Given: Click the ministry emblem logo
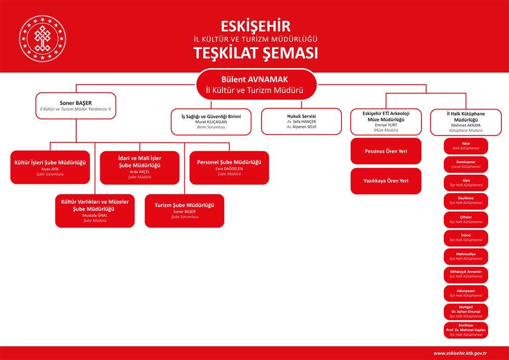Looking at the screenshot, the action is pyautogui.click(x=42, y=39).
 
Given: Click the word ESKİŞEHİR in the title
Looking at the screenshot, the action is pyautogui.click(x=256, y=26).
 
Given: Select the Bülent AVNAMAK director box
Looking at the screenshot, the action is pyautogui.click(x=256, y=85).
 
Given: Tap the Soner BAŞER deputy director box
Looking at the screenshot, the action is pyautogui.click(x=76, y=106).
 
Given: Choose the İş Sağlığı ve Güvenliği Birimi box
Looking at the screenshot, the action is pyautogui.click(x=211, y=121).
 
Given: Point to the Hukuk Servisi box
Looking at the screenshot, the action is pyautogui.click(x=301, y=121).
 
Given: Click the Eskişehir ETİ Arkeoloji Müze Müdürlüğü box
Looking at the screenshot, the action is pyautogui.click(x=386, y=122).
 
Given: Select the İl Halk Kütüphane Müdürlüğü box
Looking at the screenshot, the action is pyautogui.click(x=466, y=122).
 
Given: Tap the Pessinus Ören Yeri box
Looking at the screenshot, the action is pyautogui.click(x=386, y=151).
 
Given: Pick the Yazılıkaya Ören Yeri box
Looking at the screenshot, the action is pyautogui.click(x=386, y=181).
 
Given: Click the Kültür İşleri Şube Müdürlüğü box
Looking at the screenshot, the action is pyautogui.click(x=50, y=167).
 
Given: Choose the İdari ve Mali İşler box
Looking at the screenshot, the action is pyautogui.click(x=139, y=168).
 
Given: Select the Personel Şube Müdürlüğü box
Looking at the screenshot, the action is pyautogui.click(x=229, y=168).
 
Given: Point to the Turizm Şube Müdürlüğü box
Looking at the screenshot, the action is pyautogui.click(x=184, y=211).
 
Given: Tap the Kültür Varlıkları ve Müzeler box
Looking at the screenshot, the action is pyautogui.click(x=95, y=211).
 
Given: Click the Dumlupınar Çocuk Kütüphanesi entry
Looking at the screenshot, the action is pyautogui.click(x=466, y=164).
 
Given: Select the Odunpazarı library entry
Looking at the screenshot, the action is pyautogui.click(x=466, y=293).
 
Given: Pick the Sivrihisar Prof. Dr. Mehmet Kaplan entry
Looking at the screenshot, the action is pyautogui.click(x=466, y=330).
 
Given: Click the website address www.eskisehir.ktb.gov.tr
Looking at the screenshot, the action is pyautogui.click(x=460, y=353).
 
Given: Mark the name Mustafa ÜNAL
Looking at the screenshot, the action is pyautogui.click(x=95, y=215).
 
